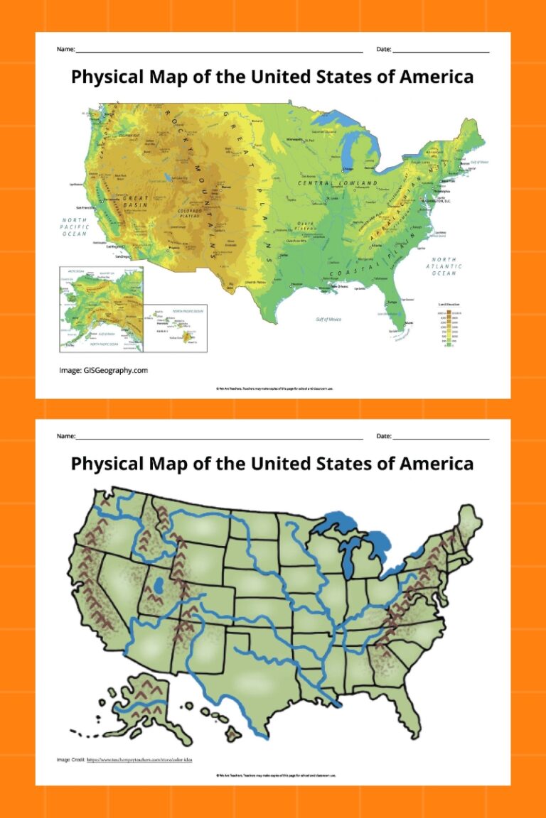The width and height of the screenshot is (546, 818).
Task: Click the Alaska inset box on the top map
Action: pyautogui.click(x=101, y=309)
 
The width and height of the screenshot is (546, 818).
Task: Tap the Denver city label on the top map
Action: pyautogui.click(x=227, y=187)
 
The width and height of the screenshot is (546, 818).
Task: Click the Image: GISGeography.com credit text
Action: pyautogui.click(x=103, y=370)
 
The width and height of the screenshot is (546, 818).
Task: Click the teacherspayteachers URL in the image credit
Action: pyautogui.click(x=139, y=760)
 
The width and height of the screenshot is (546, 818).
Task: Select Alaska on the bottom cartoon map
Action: pyautogui.click(x=139, y=699)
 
